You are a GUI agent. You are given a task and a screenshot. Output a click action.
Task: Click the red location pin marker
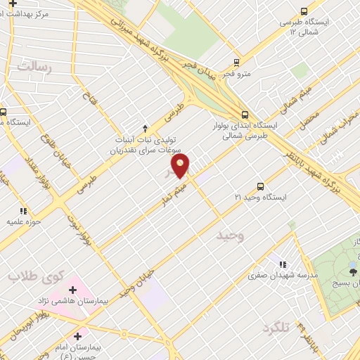181,166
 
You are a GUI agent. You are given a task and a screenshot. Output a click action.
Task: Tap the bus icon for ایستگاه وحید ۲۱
260,186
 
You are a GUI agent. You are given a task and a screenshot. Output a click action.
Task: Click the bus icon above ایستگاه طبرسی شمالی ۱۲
304,11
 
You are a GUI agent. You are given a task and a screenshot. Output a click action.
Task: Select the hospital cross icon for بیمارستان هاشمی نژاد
73,289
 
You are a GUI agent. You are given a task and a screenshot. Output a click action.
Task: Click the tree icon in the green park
352,268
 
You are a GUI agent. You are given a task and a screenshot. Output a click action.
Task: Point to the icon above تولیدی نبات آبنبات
145,128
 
